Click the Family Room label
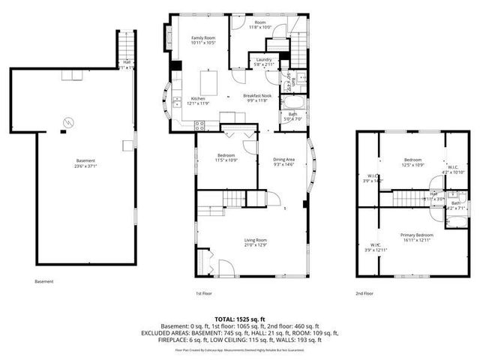(202, 37)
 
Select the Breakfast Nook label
(256, 96)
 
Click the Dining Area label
(283, 159)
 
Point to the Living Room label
(256, 239)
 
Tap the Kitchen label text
(198, 98)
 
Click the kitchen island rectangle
(208, 80)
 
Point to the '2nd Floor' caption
(365, 294)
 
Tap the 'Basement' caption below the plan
(44, 282)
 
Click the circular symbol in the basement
(67, 121)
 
